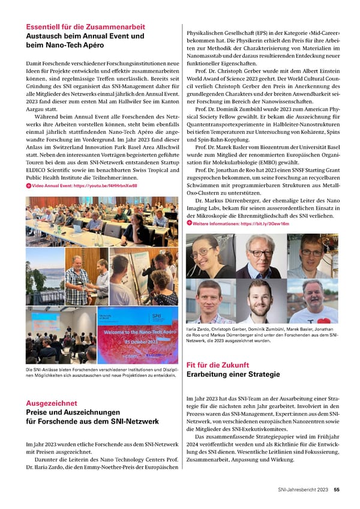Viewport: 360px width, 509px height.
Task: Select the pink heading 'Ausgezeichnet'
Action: [x=50, y=403]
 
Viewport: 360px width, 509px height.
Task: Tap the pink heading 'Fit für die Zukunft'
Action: [x=218, y=364]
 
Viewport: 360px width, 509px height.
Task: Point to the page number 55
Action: [x=337, y=489]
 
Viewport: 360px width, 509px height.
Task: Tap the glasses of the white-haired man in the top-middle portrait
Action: [x=260, y=253]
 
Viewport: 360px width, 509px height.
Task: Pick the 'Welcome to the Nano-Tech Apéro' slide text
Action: [x=140, y=332]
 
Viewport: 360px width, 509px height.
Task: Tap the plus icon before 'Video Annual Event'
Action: [x=28, y=187]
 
